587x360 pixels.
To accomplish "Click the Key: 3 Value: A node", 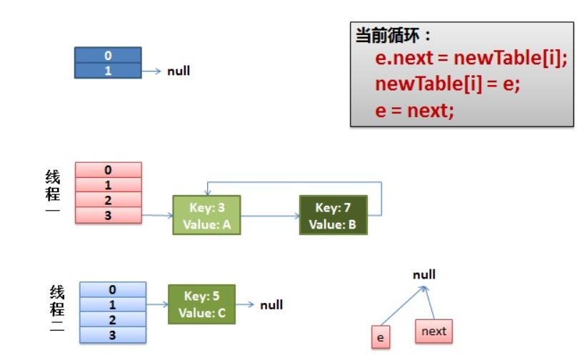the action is point(206,215).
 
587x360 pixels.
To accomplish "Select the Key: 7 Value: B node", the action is point(333,215).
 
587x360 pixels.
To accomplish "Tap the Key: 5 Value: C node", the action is point(202,304).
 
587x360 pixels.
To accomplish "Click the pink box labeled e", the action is point(381,337).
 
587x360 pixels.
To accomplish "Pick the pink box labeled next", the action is point(434,331).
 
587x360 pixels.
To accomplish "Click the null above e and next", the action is point(424,274).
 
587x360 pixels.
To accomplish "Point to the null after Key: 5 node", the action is point(271,305).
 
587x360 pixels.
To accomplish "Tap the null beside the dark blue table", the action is point(179,71).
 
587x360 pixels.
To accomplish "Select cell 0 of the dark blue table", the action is point(108,55).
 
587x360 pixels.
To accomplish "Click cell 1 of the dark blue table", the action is point(108,71).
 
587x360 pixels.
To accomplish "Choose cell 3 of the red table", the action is point(109,216).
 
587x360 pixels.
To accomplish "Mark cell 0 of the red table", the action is point(109,170).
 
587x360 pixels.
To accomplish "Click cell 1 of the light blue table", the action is point(113,305).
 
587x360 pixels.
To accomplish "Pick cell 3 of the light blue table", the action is point(113,335).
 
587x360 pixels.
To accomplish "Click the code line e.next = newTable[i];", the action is point(471,58).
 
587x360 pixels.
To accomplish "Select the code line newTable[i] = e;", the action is point(447,84).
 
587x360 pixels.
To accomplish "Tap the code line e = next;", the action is point(414,111).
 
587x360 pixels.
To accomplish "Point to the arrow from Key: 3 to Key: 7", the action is point(270,216).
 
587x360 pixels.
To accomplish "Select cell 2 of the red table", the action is point(109,200).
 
